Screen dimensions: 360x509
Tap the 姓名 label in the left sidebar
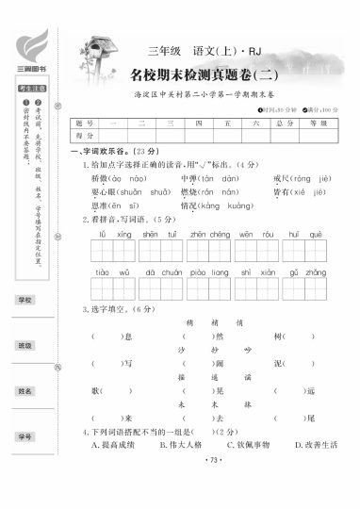(25, 390)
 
